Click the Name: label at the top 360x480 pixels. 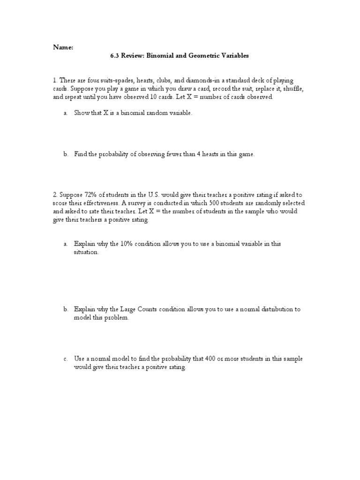pyautogui.click(x=63, y=47)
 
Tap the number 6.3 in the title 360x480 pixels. pyautogui.click(x=115, y=56)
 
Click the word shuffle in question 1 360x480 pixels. pyautogui.click(x=295, y=89)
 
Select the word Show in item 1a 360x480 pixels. pyautogui.click(x=81, y=114)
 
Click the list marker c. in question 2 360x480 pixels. pyautogui.click(x=66, y=359)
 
